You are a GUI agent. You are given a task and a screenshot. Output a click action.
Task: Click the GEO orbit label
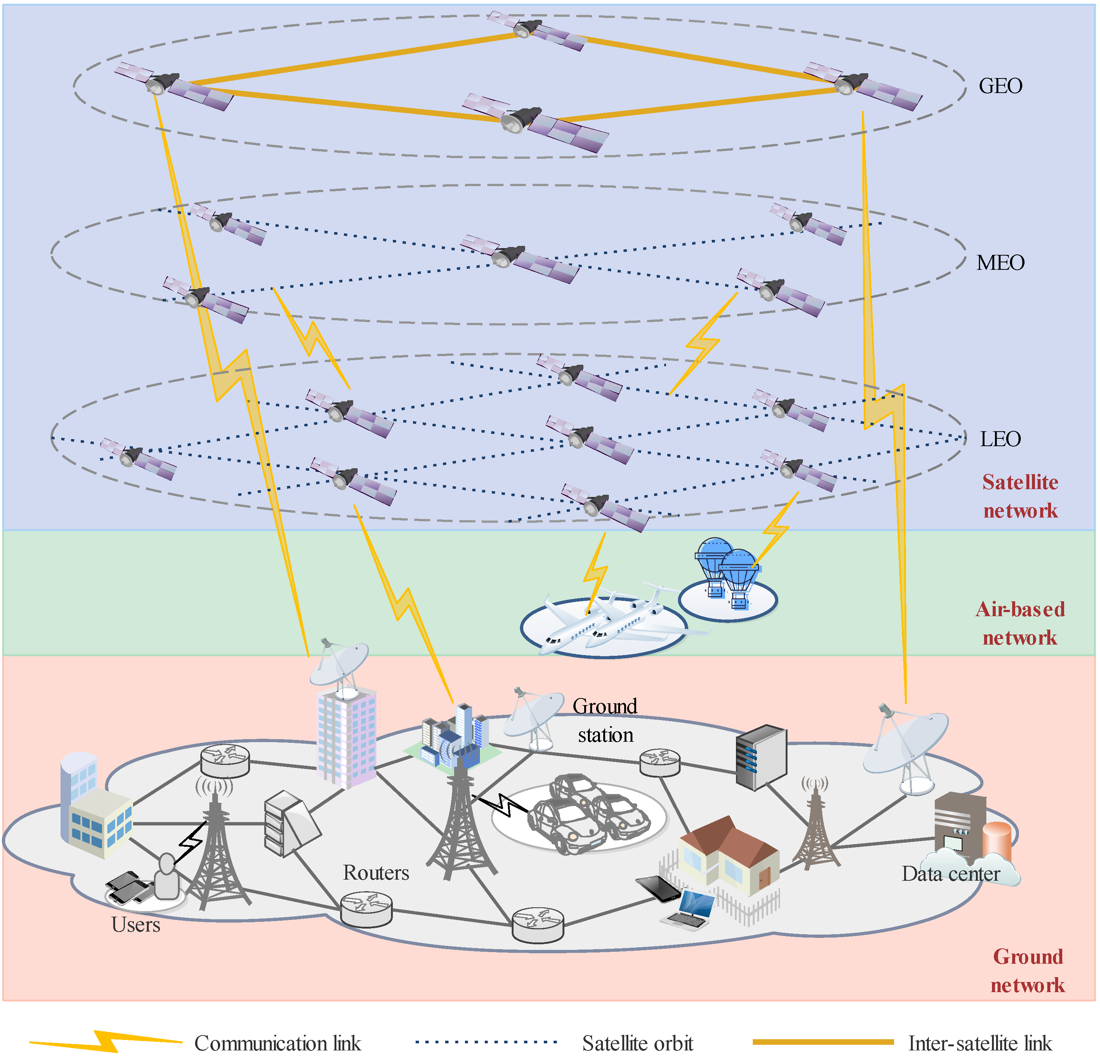coord(1000,86)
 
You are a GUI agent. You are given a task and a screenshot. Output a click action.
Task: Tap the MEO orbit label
coord(1000,263)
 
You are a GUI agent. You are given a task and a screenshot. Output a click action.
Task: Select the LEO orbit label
coord(1000,439)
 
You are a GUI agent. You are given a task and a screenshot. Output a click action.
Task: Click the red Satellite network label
coord(1020,496)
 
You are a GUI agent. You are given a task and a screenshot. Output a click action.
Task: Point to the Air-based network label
coord(1020,623)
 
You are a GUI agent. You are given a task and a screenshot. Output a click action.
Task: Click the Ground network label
coord(1027,970)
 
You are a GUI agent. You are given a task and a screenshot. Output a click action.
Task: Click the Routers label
coord(376,873)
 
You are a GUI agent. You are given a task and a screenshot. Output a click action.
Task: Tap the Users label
coord(136,924)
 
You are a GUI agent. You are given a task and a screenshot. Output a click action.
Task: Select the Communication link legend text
coord(278,1043)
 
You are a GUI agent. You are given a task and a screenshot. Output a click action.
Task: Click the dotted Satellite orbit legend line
coord(486,1042)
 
